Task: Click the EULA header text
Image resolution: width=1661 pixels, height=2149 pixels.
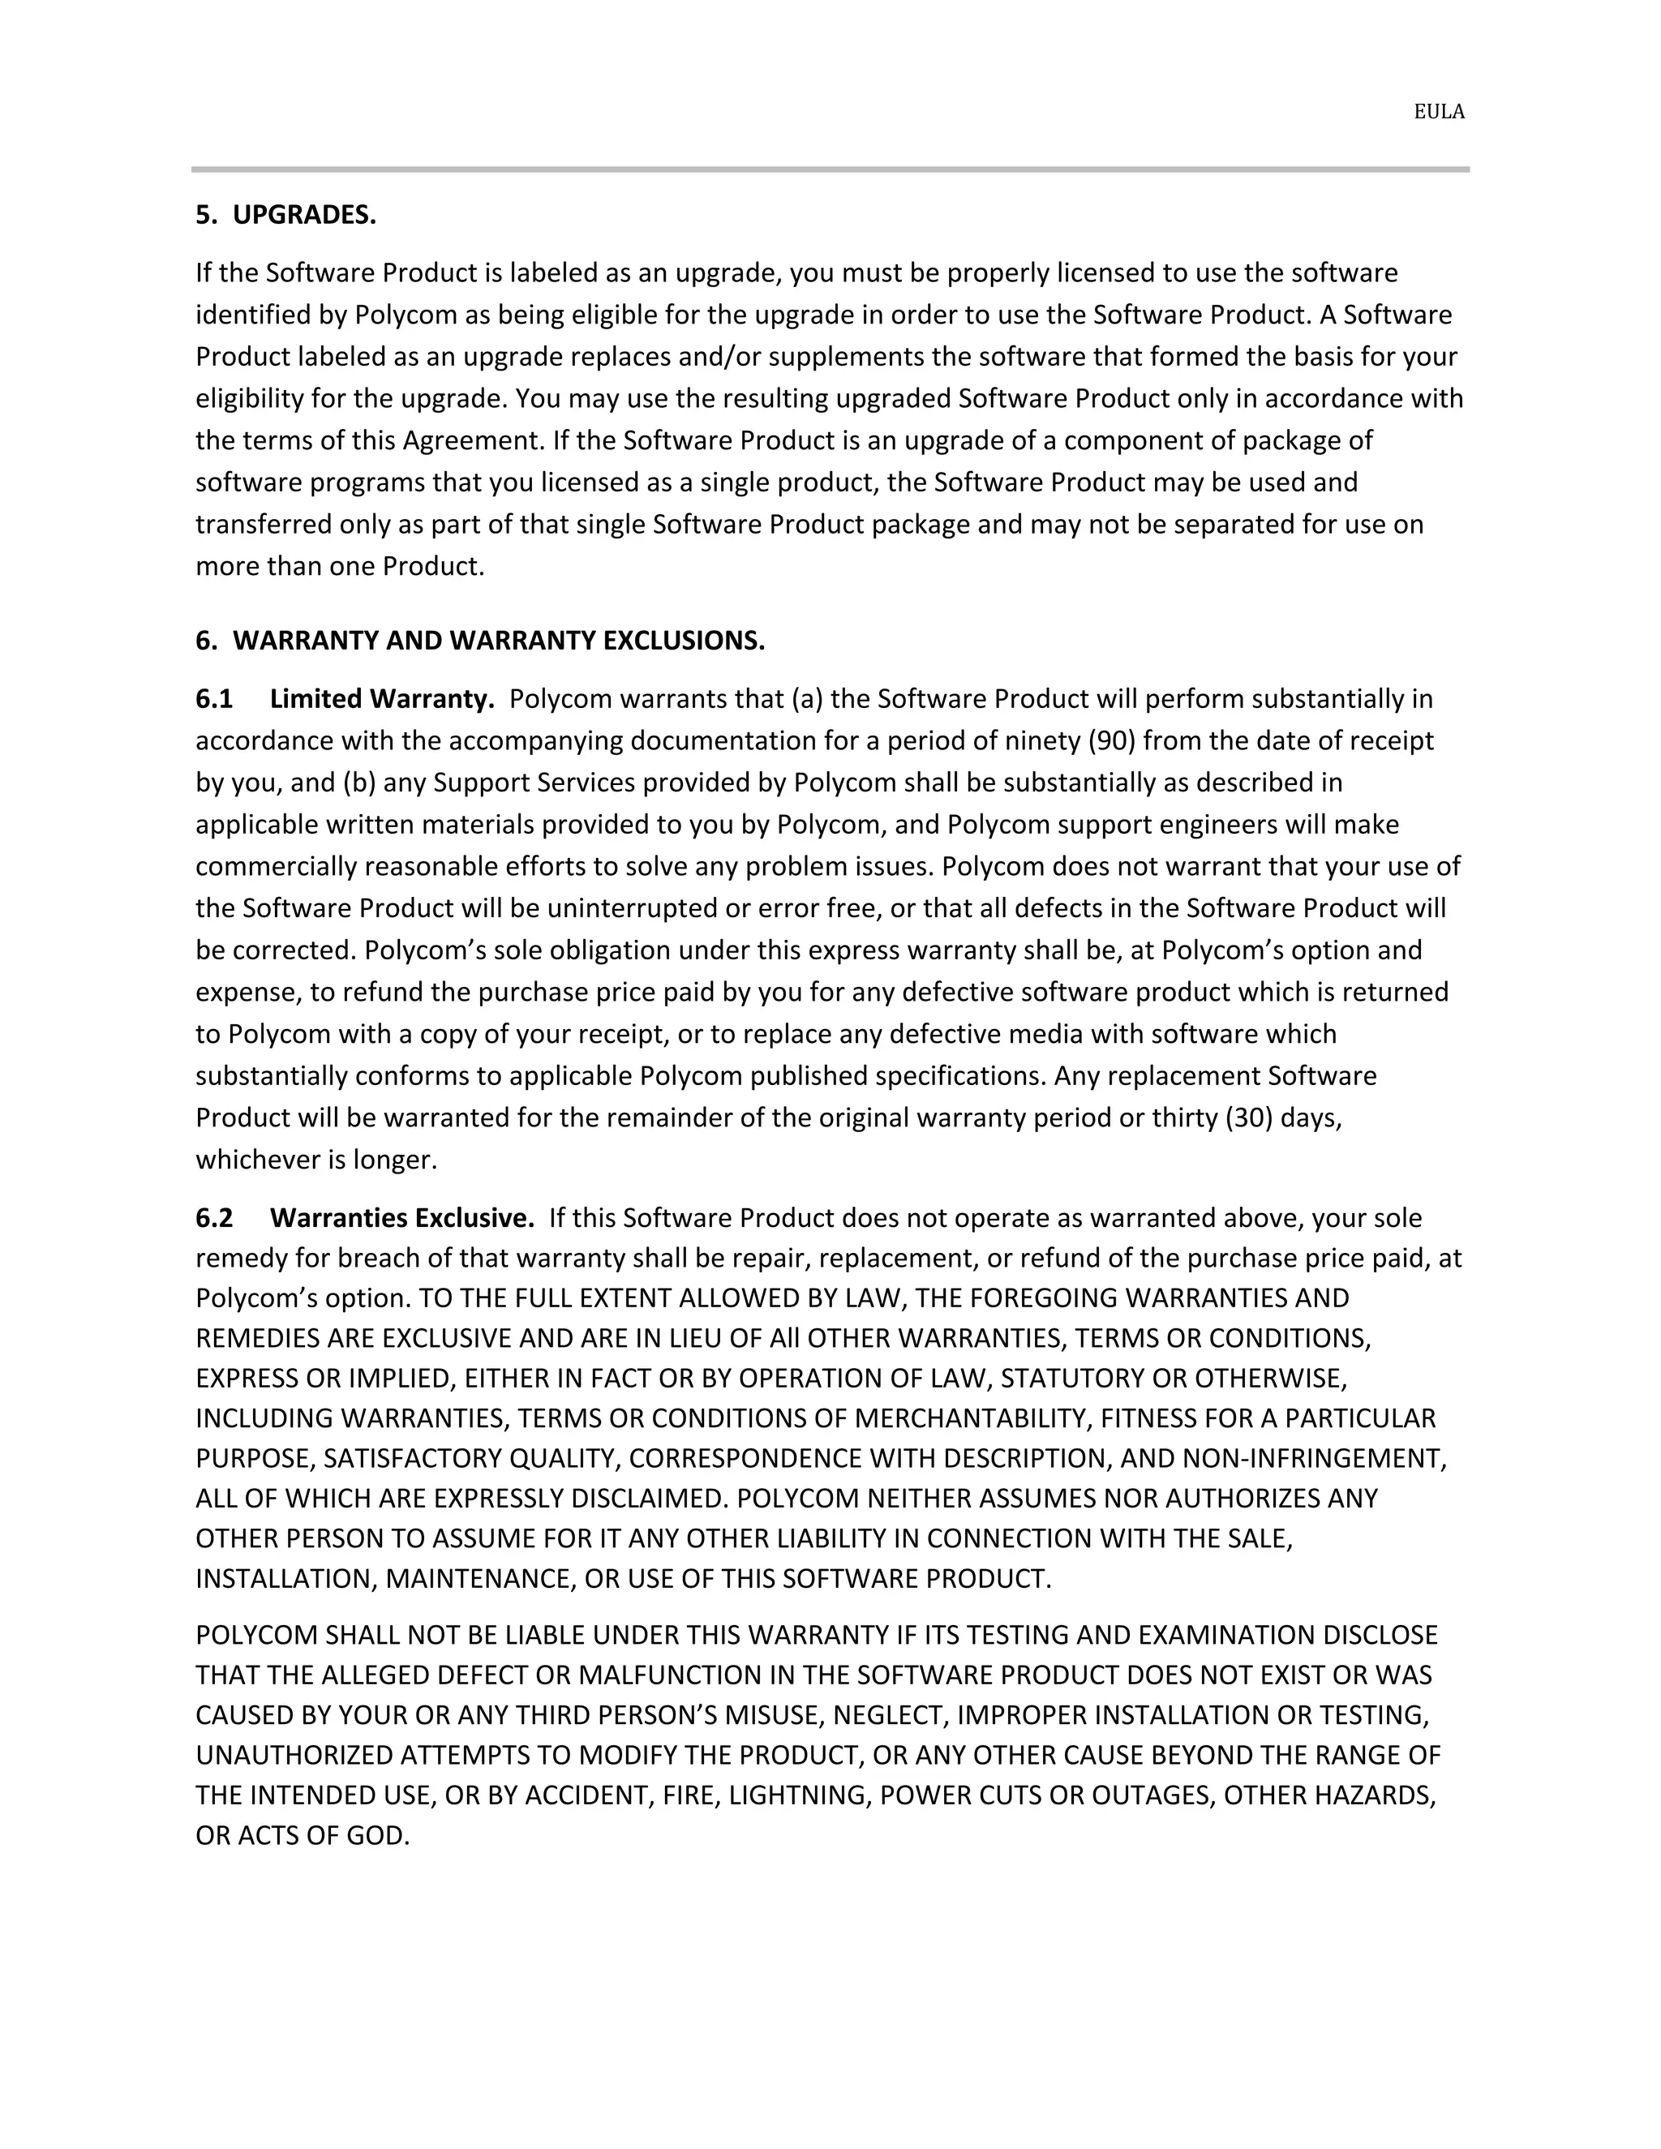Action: point(1439,112)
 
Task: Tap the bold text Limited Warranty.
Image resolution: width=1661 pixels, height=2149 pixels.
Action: point(382,698)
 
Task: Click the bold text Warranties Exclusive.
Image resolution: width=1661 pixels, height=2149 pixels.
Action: point(401,1218)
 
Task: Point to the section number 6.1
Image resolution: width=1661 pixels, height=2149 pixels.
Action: point(213,698)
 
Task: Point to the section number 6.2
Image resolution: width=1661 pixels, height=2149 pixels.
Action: point(213,1218)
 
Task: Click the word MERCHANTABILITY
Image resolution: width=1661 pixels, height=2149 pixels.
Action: point(972,1418)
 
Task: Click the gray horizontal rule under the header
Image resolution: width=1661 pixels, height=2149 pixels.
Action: point(830,169)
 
